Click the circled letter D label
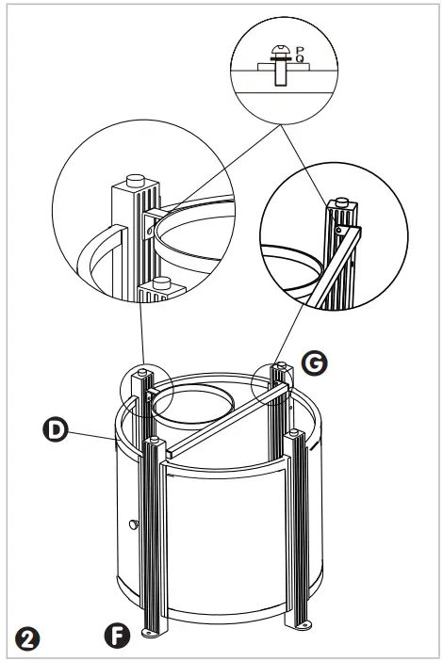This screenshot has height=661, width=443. (x=57, y=430)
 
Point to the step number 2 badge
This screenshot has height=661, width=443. (x=28, y=637)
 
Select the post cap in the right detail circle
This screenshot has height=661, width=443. (x=340, y=201)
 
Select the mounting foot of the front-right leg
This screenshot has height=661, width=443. (x=304, y=625)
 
